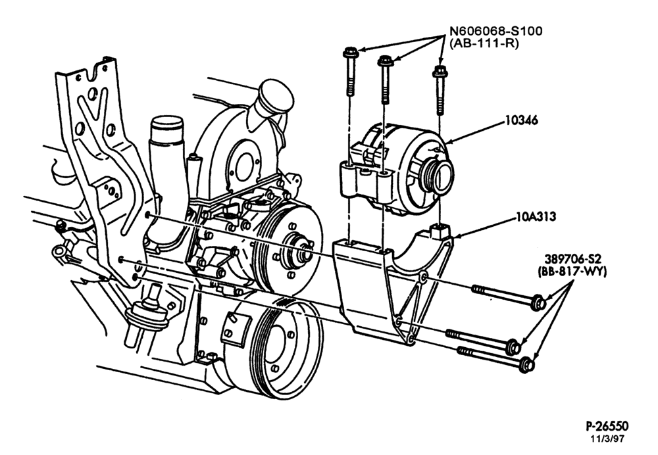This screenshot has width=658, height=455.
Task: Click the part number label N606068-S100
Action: [x=496, y=31]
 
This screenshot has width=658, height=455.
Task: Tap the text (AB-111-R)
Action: [x=484, y=43]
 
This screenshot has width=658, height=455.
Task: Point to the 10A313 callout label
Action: [x=536, y=216]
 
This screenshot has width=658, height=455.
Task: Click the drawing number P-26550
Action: [x=607, y=427]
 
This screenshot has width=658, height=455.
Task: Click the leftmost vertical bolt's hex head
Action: [x=349, y=53]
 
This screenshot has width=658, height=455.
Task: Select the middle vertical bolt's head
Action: [x=384, y=61]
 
